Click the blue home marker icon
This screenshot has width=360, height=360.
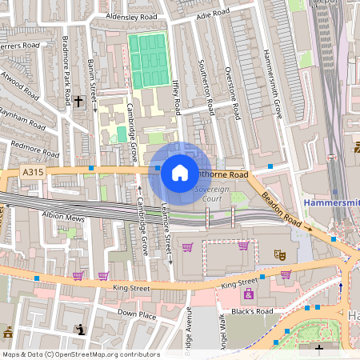pyautogui.click(x=180, y=172)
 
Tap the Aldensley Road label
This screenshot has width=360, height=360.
pyautogui.click(x=131, y=16)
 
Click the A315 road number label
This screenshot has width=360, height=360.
pyautogui.click(x=33, y=172)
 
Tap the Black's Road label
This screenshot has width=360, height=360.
pyautogui.click(x=253, y=310)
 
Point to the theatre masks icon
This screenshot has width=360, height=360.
pyautogui.click(x=280, y=254)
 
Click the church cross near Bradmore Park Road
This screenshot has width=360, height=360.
pyautogui.click(x=78, y=102)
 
